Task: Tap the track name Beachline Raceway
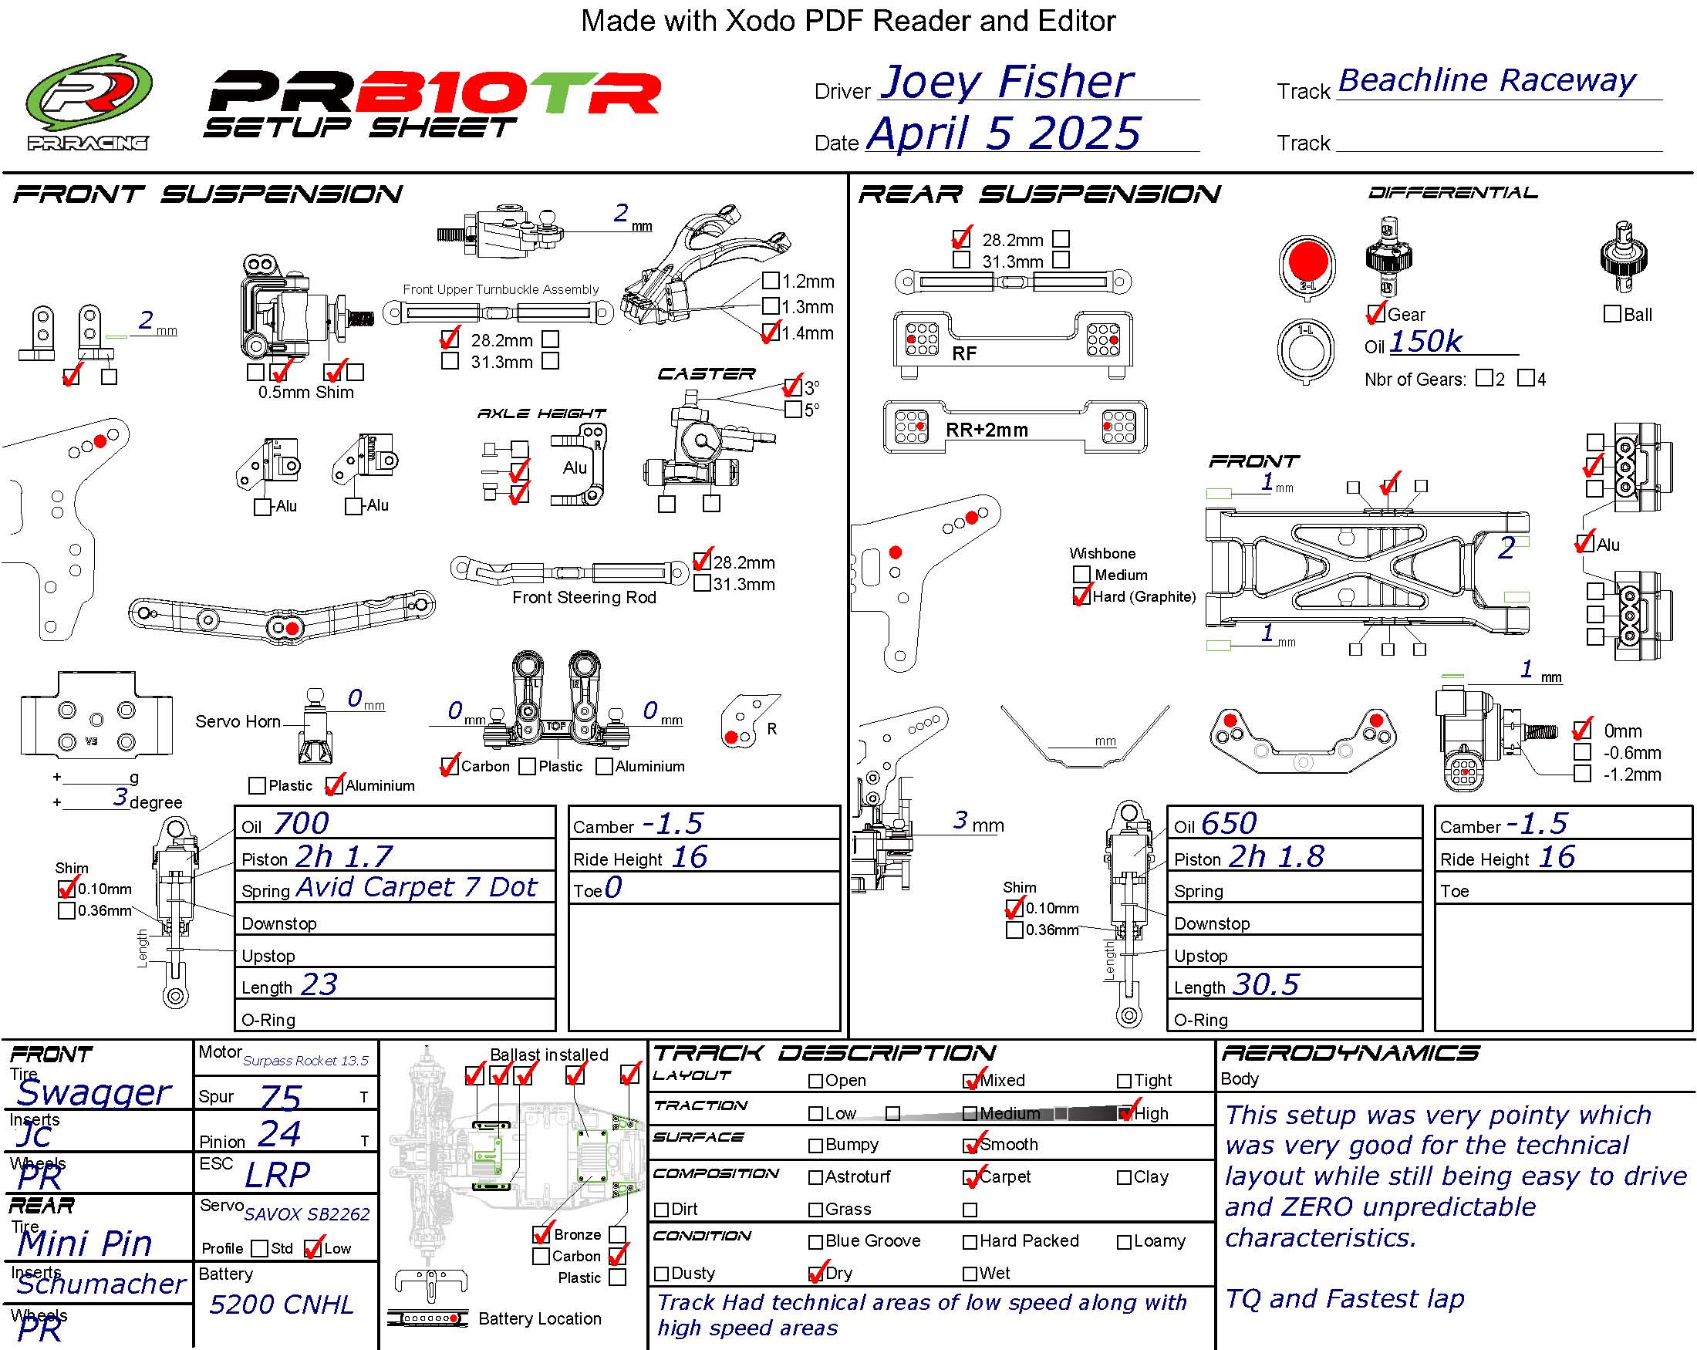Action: pyautogui.click(x=1486, y=80)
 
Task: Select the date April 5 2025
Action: pyautogui.click(x=1004, y=133)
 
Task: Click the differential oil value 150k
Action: pyautogui.click(x=1425, y=342)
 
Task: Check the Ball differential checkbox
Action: pyautogui.click(x=1612, y=314)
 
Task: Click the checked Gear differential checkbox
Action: pyautogui.click(x=1376, y=314)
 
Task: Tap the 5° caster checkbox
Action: pyautogui.click(x=793, y=410)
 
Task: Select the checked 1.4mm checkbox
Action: pyautogui.click(x=771, y=333)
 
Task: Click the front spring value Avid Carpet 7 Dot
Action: pyautogui.click(x=417, y=887)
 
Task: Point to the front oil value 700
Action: pyautogui.click(x=301, y=823)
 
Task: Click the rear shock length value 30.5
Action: pyautogui.click(x=1266, y=985)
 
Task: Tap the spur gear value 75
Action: pyautogui.click(x=280, y=1097)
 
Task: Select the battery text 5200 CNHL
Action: pyautogui.click(x=281, y=1304)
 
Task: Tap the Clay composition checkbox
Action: pyautogui.click(x=1124, y=1178)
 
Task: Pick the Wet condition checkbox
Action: pyautogui.click(x=970, y=1274)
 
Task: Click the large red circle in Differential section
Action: pyautogui.click(x=1307, y=262)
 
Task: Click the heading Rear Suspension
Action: pyautogui.click(x=1039, y=194)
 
